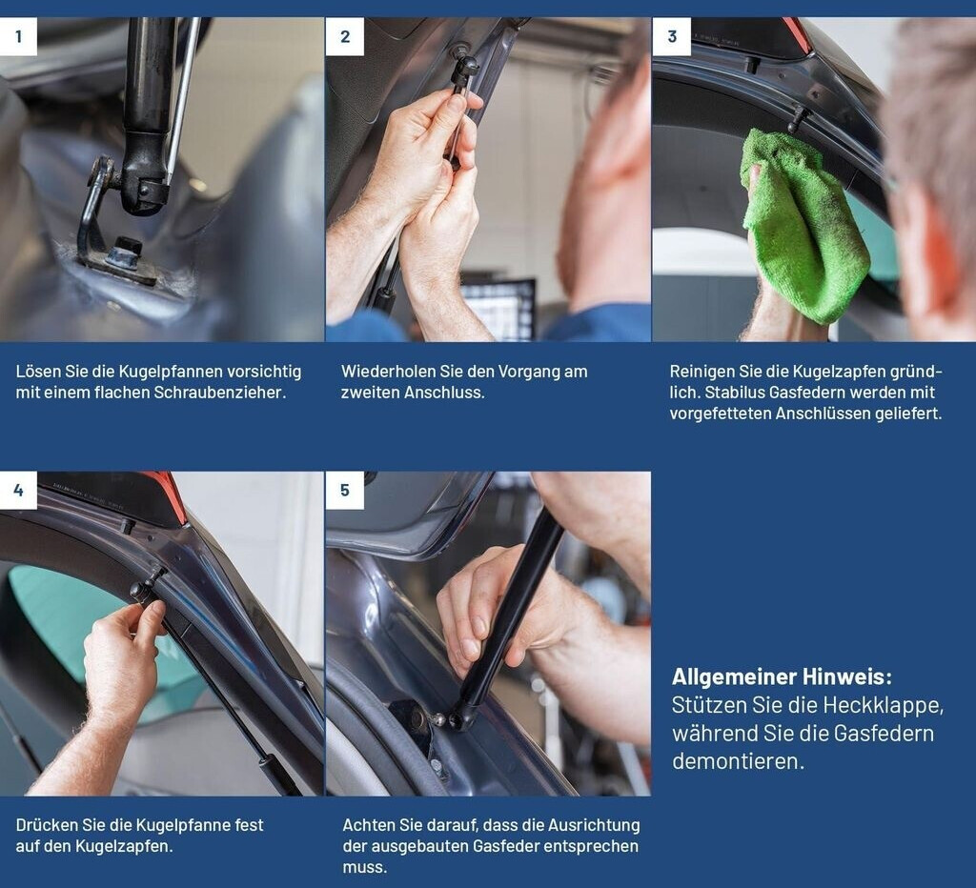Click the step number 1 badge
18,36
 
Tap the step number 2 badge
344,36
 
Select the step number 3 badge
672,36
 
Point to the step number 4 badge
18,490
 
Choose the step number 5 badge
344,490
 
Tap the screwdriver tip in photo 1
167,179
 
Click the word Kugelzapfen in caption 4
124,846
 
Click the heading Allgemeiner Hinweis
782,676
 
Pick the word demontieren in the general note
739,760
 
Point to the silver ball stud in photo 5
438,719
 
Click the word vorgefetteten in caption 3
721,414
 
